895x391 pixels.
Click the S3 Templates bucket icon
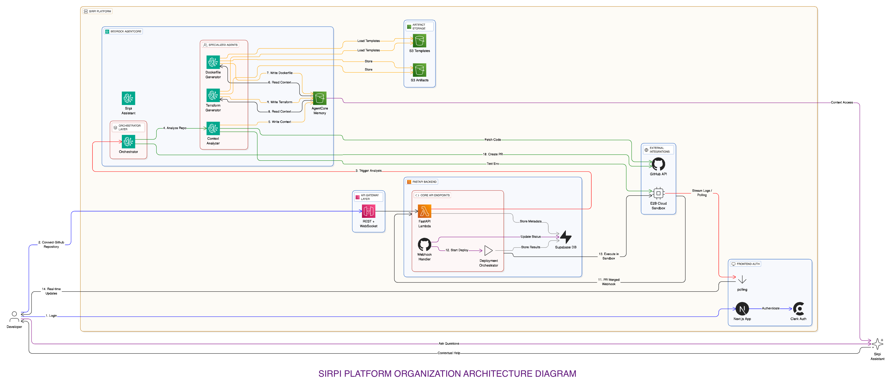point(419,41)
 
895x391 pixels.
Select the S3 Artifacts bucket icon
point(419,70)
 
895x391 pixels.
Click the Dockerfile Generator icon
point(213,62)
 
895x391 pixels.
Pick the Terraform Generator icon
point(213,95)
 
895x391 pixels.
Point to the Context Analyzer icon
point(213,128)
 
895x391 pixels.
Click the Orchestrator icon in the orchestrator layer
point(128,142)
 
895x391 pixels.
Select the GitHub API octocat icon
point(658,164)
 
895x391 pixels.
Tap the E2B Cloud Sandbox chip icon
point(658,193)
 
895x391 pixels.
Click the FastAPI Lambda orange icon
point(424,211)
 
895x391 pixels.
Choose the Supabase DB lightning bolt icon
point(566,237)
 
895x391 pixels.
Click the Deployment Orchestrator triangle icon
point(488,250)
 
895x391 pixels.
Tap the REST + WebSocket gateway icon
point(368,211)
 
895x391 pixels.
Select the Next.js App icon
point(742,309)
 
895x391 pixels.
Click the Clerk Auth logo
point(798,309)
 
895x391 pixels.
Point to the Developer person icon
point(14,317)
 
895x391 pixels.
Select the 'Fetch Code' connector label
point(493,140)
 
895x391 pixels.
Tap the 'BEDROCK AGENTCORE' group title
point(126,31)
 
